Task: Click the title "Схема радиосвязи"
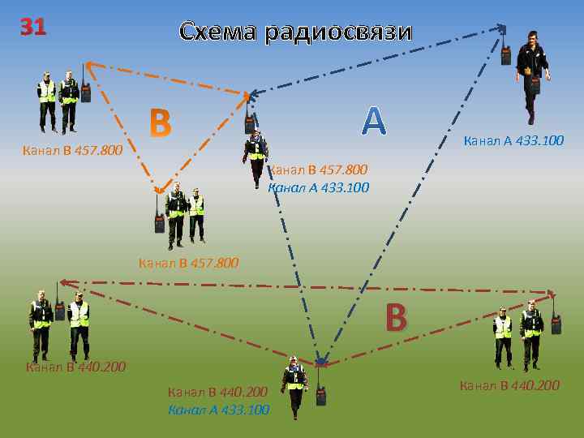click(295, 32)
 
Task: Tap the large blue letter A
click(373, 122)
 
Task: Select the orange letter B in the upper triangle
click(161, 123)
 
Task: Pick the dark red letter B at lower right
click(395, 318)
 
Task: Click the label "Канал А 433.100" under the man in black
click(513, 141)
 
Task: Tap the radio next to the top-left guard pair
click(84, 88)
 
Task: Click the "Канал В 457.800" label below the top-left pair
click(73, 150)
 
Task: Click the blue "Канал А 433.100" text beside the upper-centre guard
click(318, 187)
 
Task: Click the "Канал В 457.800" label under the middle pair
click(189, 262)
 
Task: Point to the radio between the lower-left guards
click(59, 307)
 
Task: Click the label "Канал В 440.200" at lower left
click(75, 367)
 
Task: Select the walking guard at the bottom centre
click(294, 384)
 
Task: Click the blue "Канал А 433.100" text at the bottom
click(218, 410)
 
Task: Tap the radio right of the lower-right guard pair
click(556, 322)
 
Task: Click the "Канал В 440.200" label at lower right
click(509, 384)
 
